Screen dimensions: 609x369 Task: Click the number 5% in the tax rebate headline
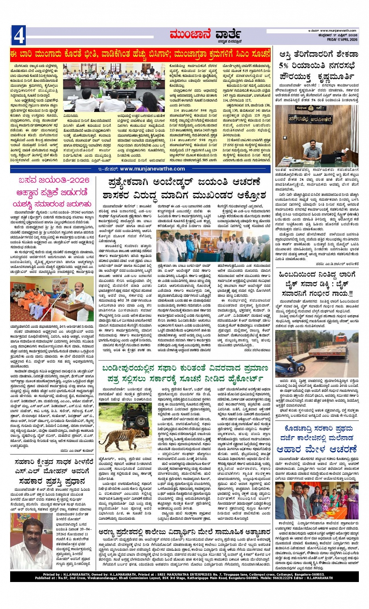(284, 65)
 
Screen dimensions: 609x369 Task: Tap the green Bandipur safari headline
(185, 374)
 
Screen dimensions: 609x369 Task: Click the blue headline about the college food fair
(316, 439)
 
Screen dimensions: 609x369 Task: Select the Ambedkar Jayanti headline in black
(184, 189)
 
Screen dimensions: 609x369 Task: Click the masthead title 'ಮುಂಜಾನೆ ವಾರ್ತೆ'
(205, 35)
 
